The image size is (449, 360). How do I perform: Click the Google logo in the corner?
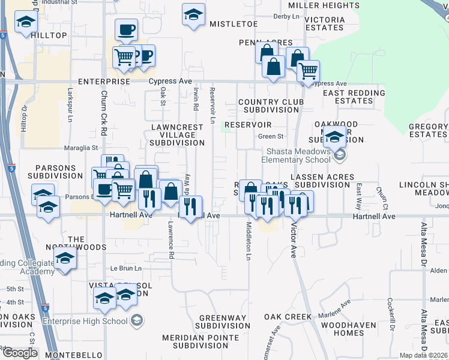click(20, 353)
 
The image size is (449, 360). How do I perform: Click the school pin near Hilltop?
click(26, 23)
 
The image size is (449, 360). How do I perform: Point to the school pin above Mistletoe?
click(193, 16)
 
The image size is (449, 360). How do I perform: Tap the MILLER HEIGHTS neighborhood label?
click(324, 5)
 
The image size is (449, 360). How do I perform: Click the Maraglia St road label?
click(81, 147)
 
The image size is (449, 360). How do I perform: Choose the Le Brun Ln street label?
click(125, 268)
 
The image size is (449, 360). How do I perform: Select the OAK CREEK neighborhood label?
click(288, 317)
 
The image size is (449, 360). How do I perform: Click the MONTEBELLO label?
click(74, 355)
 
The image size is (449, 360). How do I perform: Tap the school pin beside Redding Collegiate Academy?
click(65, 259)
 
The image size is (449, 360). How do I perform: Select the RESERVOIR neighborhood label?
click(248, 124)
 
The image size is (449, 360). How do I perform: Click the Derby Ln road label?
click(286, 17)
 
